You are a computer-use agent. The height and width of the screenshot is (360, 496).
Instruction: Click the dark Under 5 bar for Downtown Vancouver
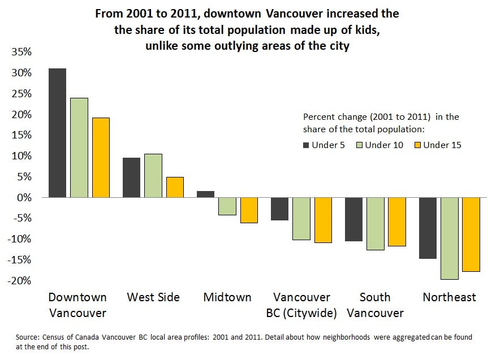pos(57,133)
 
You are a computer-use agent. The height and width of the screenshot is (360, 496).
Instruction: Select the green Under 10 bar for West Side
pos(153,176)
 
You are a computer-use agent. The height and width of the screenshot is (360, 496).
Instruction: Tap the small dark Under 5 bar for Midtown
pos(205,194)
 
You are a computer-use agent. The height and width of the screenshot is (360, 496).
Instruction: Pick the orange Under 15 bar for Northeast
pos(471,235)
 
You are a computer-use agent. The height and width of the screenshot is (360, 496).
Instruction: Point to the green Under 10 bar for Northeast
pos(450,238)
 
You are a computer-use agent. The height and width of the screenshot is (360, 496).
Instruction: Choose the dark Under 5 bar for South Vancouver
pos(353,219)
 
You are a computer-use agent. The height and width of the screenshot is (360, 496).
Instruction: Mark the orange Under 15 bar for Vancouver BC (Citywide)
pos(323,220)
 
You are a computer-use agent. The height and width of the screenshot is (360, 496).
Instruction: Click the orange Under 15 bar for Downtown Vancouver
pos(101,158)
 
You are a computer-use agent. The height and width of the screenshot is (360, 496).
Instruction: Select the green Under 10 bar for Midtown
pos(227,206)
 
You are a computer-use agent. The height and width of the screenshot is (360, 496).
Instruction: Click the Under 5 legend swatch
pos(306,145)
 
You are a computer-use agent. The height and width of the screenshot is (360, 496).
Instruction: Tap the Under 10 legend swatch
pos(359,145)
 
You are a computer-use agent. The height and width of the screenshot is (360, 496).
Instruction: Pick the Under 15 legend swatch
pos(417,145)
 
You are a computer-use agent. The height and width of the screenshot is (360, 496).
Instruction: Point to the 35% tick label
pos(22,52)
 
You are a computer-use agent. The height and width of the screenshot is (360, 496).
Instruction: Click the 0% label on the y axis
pos(24,198)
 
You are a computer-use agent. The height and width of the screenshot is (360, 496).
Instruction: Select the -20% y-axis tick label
pos(20,281)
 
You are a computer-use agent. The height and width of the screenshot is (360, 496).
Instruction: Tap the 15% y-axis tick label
pos(22,135)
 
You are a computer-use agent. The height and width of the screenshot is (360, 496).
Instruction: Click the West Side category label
pos(153,297)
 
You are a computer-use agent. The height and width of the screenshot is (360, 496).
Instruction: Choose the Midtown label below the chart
pos(227,297)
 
